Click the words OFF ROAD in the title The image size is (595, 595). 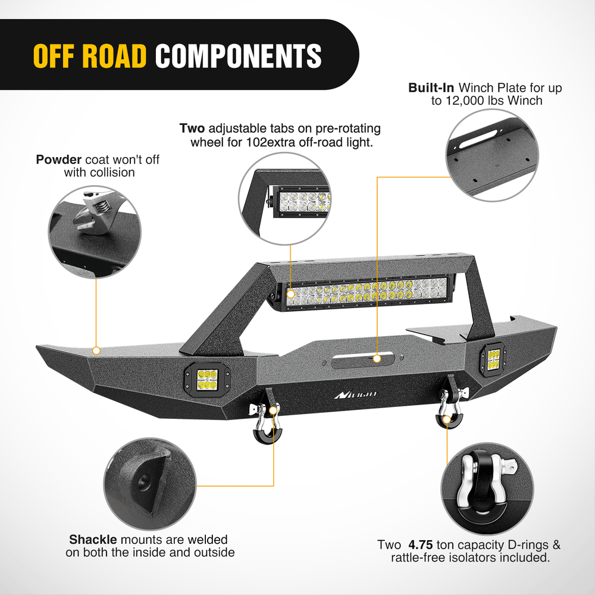[89, 55]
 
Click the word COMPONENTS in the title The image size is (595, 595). [238, 55]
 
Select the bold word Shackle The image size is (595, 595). [93, 540]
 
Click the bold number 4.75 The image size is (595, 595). [421, 545]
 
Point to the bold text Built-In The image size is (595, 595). [431, 88]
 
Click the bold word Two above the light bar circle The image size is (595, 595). [192, 129]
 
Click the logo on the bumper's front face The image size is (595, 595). [355, 394]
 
